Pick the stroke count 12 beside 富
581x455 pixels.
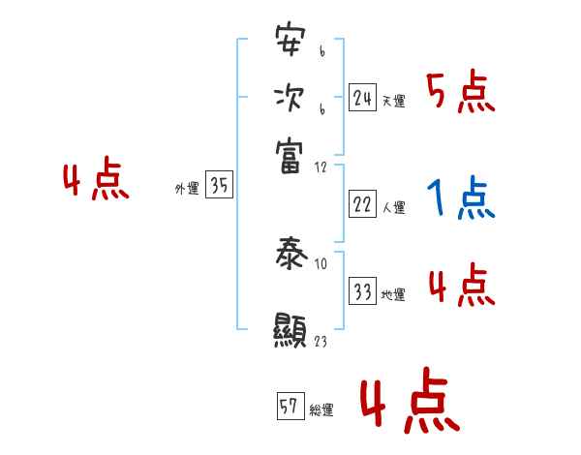click(x=321, y=167)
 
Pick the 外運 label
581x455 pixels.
click(x=187, y=190)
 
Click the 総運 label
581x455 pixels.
click(x=321, y=409)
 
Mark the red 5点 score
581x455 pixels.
click(x=461, y=93)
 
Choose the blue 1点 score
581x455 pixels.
click(x=461, y=199)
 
